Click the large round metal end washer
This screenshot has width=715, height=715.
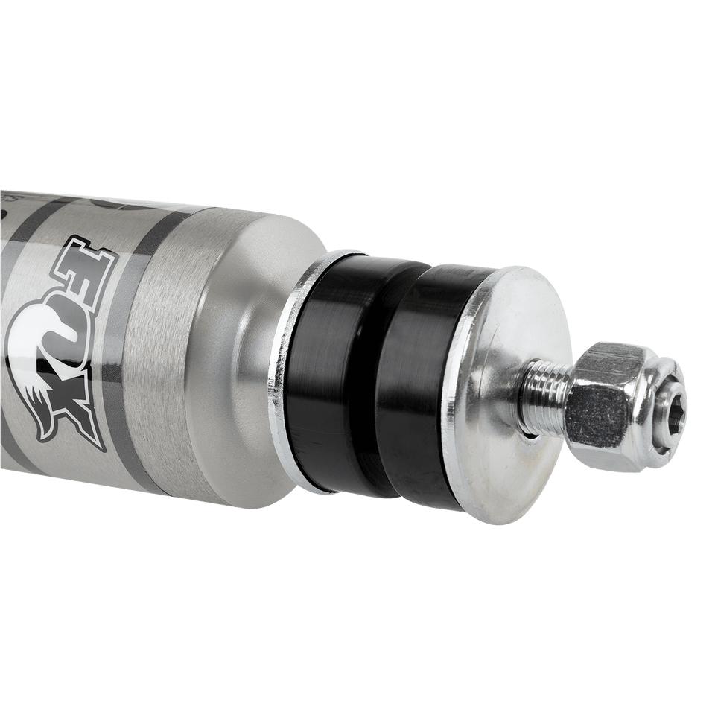tap(514, 387)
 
